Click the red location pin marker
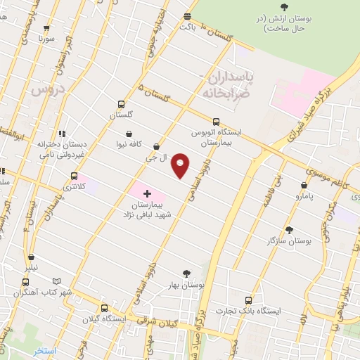point(181,165)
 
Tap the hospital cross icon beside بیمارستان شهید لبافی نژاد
point(146,193)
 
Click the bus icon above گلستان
point(121,104)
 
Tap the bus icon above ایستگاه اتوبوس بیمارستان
point(216,120)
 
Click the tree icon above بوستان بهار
point(186,274)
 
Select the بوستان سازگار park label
point(289,240)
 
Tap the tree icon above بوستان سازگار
point(289,229)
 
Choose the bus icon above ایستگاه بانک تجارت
point(247,299)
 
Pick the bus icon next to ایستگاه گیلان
point(105,307)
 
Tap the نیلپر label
point(33,268)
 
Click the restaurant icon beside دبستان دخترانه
point(61,133)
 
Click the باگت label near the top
point(186,26)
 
